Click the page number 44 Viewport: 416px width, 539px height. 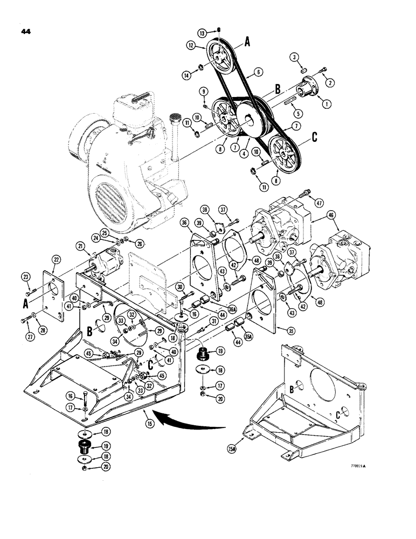25,31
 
